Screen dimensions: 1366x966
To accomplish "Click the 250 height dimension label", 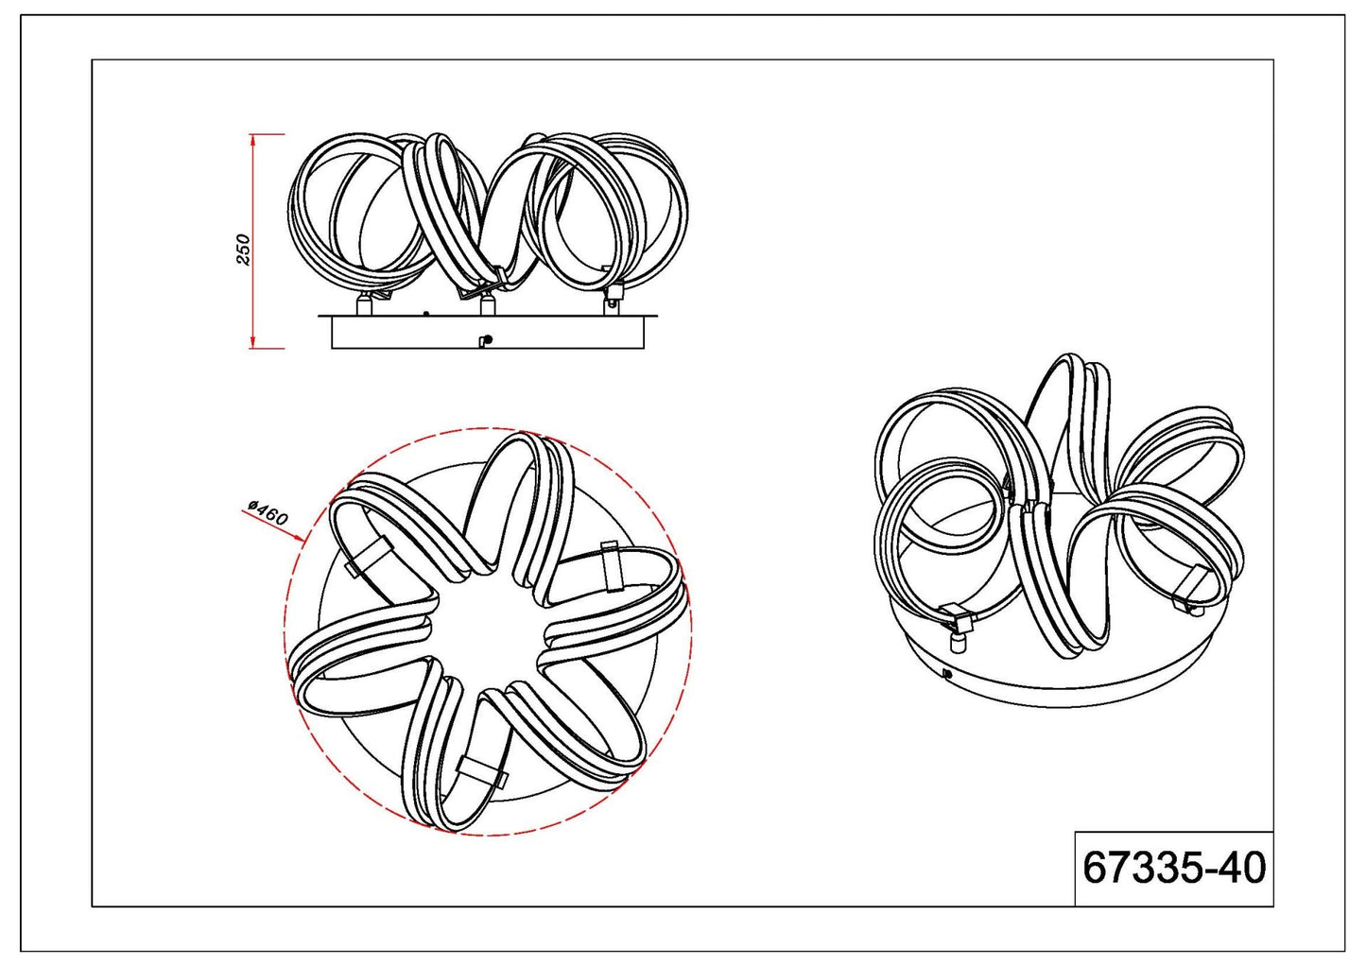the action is point(243,249).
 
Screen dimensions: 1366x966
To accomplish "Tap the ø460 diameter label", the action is point(268,513).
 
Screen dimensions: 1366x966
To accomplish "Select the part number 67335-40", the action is point(1174,868).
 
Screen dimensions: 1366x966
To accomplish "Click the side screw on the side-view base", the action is point(485,340).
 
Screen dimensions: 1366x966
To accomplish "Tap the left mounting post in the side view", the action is point(364,304).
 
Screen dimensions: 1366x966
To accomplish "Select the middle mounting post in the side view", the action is point(487,305).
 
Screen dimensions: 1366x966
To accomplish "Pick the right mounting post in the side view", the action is point(613,303).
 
